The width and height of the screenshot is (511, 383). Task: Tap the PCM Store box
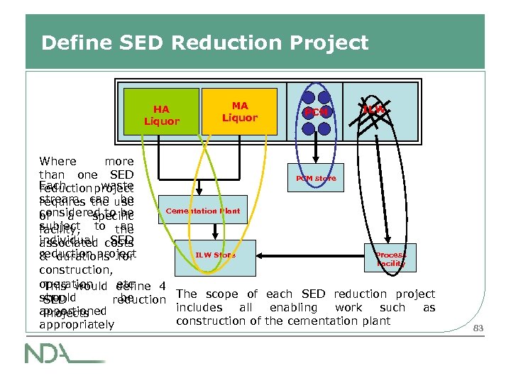click(x=316, y=178)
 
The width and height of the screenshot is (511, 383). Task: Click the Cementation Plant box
click(x=202, y=211)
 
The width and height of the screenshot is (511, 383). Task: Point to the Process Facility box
click(x=390, y=259)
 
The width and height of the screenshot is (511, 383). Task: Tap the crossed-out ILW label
click(x=373, y=110)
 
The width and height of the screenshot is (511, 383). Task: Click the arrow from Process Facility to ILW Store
click(x=312, y=254)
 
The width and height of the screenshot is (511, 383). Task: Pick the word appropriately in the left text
click(x=77, y=325)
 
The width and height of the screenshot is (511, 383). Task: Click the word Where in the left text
click(x=57, y=162)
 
